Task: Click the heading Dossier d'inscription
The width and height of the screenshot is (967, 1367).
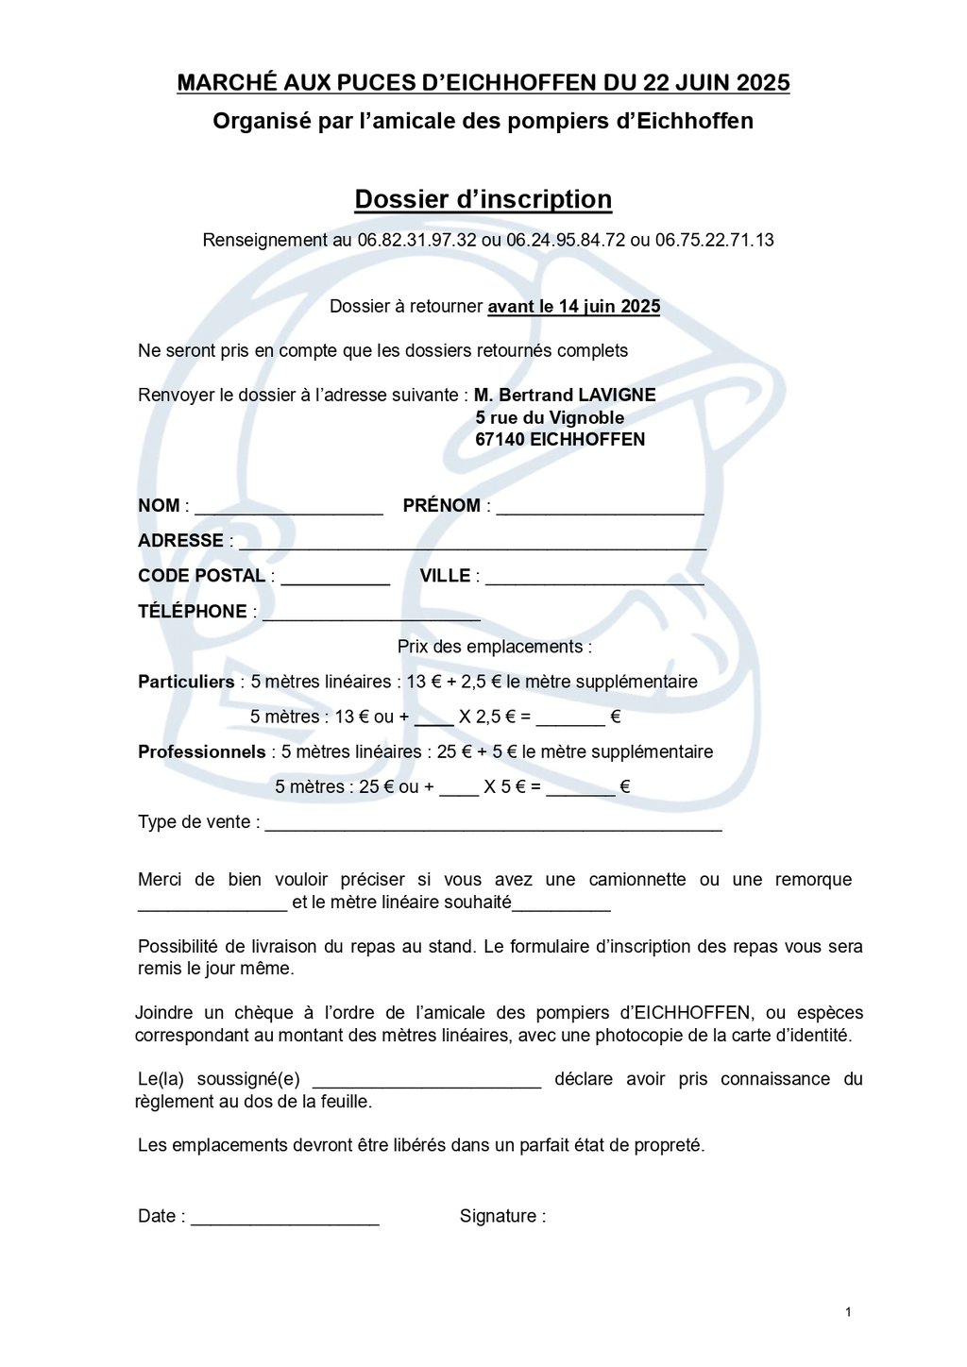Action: coord(483,199)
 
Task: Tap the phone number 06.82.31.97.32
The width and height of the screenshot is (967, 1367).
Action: coord(416,240)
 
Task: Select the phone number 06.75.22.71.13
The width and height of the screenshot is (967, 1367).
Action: coord(714,240)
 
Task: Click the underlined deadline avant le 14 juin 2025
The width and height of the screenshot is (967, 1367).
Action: coord(573,307)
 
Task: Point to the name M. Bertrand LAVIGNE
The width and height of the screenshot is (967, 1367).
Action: coord(565,395)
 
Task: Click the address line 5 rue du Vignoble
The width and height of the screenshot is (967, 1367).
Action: coord(550,417)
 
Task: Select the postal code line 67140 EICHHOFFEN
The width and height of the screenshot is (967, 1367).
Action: coord(560,439)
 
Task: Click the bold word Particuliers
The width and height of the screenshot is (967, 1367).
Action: coord(186,682)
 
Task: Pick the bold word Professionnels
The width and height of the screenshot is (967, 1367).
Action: coord(202,751)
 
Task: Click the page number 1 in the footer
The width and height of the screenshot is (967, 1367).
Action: coord(848,1311)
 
